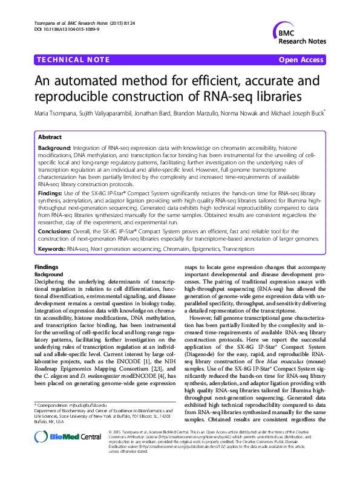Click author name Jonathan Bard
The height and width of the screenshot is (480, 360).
click(x=151, y=112)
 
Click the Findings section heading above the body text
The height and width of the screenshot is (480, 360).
click(x=46, y=267)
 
